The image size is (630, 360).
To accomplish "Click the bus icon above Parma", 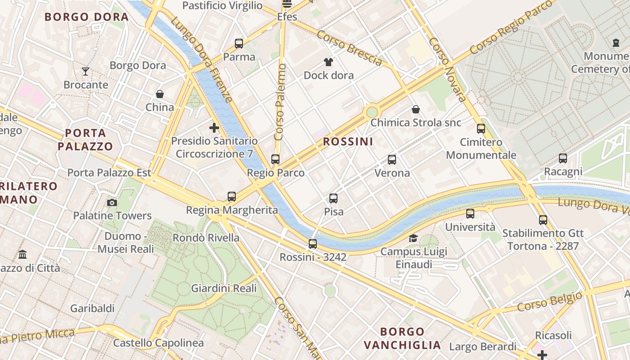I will (239, 44).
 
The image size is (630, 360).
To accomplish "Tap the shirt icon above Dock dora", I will (328, 62).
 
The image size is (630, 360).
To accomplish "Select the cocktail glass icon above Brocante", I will (85, 71).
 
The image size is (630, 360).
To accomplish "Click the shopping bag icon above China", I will (159, 94).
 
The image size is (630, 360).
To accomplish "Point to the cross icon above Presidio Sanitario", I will (214, 128).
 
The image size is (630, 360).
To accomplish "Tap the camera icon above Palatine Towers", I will (112, 203).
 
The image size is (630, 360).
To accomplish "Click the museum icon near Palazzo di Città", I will (22, 255).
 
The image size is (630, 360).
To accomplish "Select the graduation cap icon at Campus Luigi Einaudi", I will (413, 238).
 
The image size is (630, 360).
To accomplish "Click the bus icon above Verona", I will (392, 160).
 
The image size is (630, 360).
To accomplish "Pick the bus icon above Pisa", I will (333, 198).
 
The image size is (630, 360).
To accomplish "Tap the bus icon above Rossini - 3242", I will (313, 244).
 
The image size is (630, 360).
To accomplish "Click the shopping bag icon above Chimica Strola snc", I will (416, 109).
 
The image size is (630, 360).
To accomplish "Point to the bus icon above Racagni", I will (563, 158).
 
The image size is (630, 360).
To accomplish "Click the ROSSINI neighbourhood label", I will (348, 142).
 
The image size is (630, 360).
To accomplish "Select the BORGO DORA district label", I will (87, 17).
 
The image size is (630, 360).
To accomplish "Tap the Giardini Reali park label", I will (224, 288).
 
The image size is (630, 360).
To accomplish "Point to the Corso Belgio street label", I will (549, 301).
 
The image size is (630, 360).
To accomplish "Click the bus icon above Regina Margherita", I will (232, 197).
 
